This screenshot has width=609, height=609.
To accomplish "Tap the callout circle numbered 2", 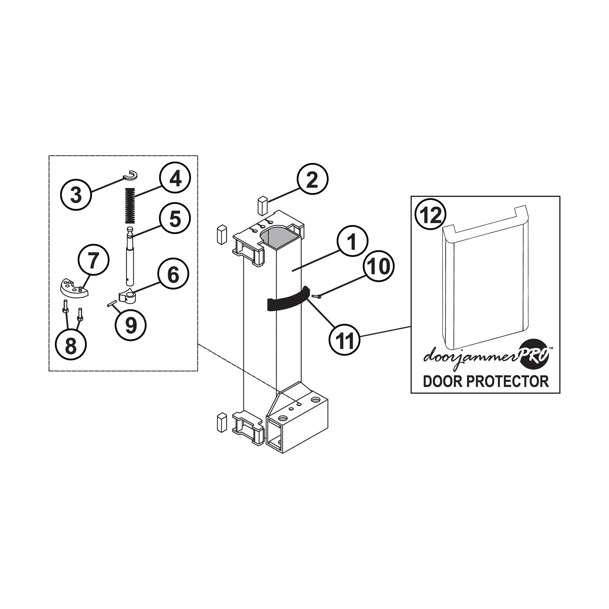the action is pos(313,179).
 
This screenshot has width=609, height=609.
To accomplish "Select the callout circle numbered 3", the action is pos(76,194).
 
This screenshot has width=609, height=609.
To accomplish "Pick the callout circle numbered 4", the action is pos(175,178).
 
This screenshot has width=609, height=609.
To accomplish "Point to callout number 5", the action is pos(175,218).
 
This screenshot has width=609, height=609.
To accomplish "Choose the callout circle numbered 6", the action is pos(173,273).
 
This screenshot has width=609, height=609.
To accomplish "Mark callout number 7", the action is pos(94,260).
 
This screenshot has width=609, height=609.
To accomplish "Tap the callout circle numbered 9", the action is pos(131,325).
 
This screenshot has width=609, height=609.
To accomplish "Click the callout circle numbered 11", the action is pos(345,340).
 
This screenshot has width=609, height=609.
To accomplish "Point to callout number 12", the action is pos(431,215).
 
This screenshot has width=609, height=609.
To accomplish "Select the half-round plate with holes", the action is pos(74,288).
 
